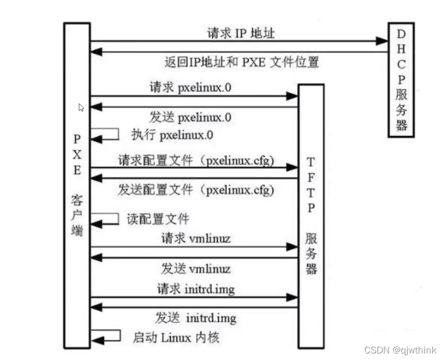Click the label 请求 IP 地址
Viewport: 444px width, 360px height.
point(241,33)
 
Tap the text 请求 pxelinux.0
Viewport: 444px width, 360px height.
point(191,87)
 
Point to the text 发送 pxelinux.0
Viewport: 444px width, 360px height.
point(190,117)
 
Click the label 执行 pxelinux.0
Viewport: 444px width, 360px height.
point(172,135)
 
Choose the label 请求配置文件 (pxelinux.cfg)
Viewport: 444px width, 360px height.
point(196,160)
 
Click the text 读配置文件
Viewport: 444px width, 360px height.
point(157,219)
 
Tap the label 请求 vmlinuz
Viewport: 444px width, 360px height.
point(196,238)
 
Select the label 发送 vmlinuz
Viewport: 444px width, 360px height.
point(196,268)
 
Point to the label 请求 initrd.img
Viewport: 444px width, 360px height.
point(196,289)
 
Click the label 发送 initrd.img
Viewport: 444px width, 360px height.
point(195,318)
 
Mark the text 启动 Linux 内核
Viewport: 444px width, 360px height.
point(176,337)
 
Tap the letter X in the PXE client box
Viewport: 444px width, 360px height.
point(77,154)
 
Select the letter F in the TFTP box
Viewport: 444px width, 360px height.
point(311,177)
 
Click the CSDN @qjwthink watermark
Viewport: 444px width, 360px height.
point(401,350)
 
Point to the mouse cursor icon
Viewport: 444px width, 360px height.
point(81,107)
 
